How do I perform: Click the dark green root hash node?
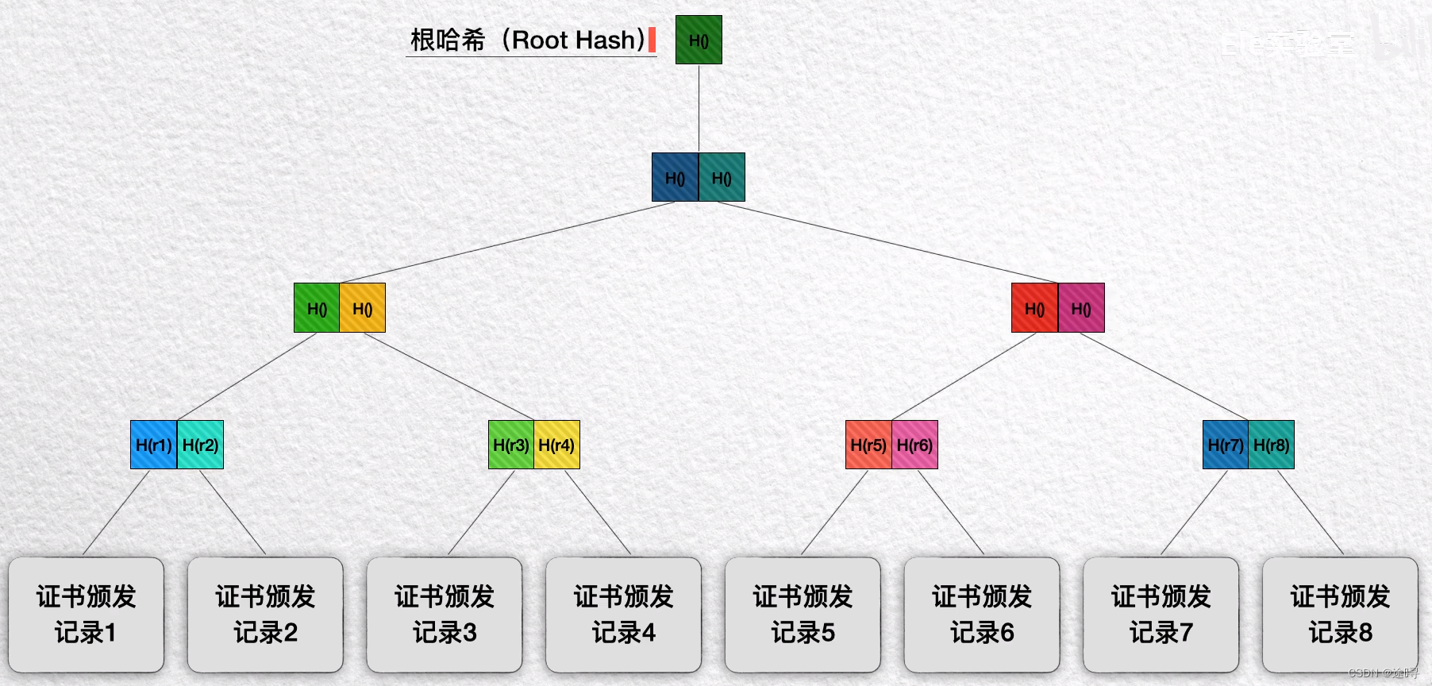point(699,40)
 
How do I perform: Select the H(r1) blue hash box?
point(153,445)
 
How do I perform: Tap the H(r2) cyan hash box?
point(200,445)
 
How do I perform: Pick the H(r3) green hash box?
point(510,445)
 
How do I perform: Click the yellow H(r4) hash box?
point(556,445)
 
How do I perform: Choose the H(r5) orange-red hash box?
point(868,445)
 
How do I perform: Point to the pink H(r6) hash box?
point(914,445)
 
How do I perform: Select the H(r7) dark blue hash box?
point(1226,445)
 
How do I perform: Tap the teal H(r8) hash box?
point(1272,445)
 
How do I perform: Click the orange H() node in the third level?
point(363,308)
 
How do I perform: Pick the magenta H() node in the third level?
point(1081,308)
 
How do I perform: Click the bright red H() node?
point(1034,308)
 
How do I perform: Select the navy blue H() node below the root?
point(675,177)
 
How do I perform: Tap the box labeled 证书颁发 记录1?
point(86,615)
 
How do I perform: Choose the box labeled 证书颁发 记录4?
point(623,615)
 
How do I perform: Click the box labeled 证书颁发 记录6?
point(982,615)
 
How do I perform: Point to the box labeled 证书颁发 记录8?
point(1340,615)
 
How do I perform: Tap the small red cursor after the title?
point(652,40)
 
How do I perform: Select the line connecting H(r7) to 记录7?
point(1195,511)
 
